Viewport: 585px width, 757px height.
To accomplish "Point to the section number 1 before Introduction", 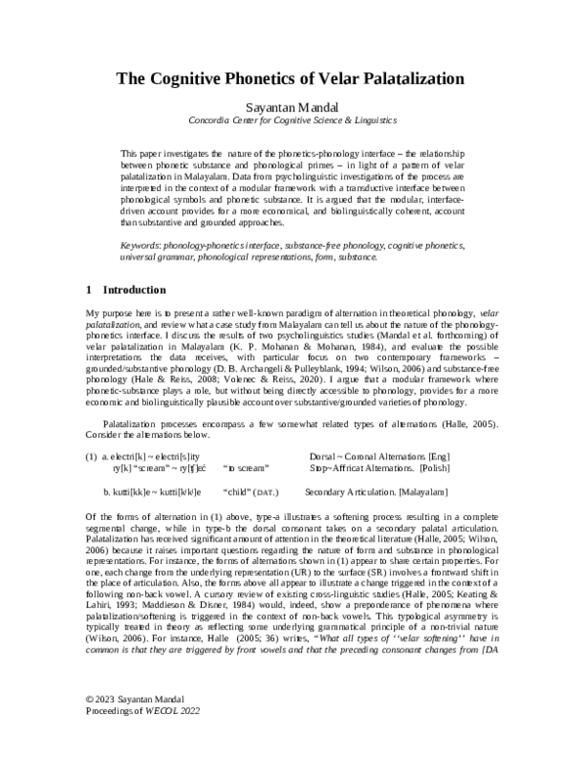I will [90, 290].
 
